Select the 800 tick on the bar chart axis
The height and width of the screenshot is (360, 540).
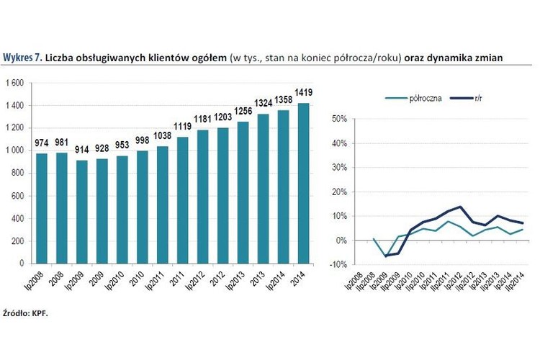point(18,174)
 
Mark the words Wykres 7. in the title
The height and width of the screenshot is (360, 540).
point(22,58)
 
